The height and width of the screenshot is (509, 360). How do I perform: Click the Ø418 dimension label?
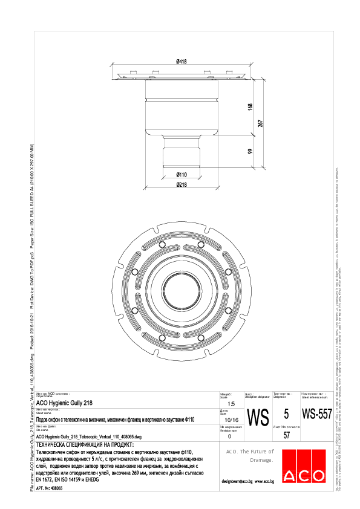point(180,62)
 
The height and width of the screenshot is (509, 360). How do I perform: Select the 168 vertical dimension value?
point(250,107)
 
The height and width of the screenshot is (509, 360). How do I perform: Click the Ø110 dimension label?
point(180,174)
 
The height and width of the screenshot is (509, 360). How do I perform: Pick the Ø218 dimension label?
point(180,184)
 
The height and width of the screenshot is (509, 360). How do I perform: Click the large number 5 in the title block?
point(286,415)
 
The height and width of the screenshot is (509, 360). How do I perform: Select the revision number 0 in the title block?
point(229,436)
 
